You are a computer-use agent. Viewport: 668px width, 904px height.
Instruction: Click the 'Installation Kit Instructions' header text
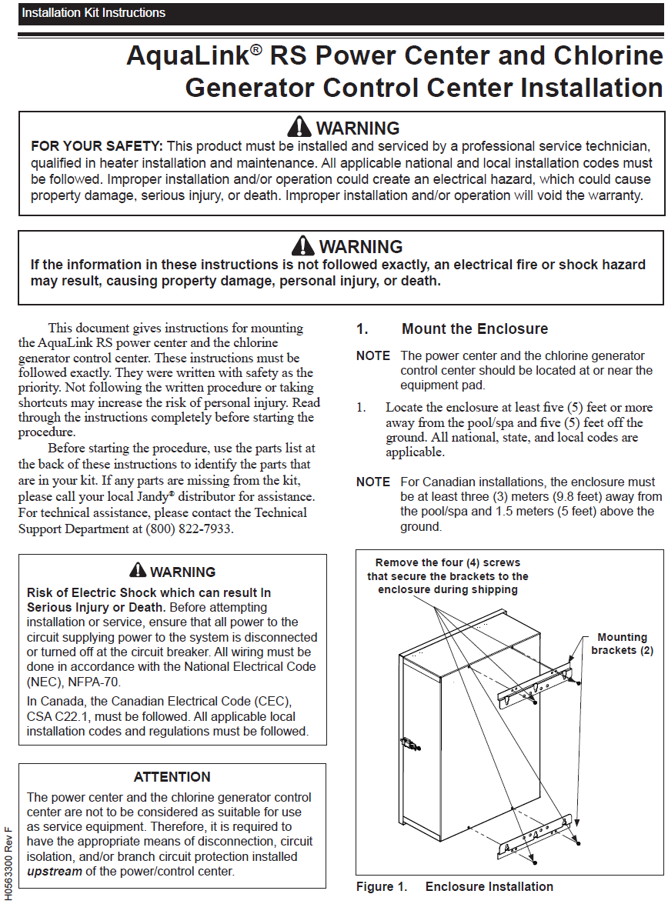click(93, 13)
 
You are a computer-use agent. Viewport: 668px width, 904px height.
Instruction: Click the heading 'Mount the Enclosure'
click(475, 329)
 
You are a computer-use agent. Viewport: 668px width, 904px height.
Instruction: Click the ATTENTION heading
click(172, 777)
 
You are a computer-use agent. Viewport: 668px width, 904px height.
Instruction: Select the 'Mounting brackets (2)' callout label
click(622, 643)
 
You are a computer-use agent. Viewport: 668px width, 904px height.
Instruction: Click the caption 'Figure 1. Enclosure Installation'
click(454, 887)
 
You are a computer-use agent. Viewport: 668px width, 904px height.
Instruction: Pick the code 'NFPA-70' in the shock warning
click(96, 682)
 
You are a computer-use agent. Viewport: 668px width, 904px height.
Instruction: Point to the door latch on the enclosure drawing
click(408, 744)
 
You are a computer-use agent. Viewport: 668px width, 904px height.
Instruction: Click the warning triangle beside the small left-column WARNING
click(138, 571)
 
